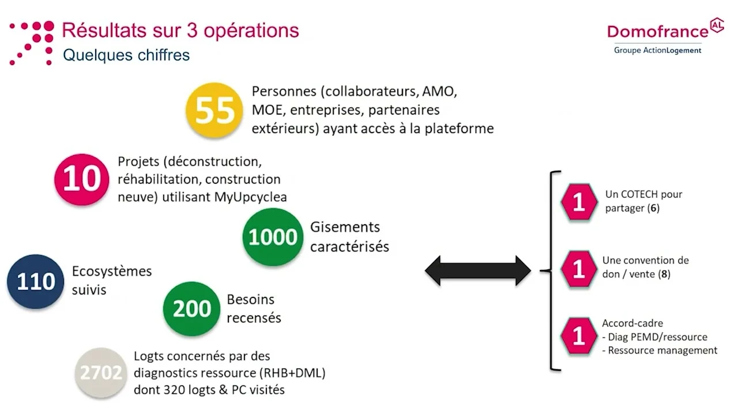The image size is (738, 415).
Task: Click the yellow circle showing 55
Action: pos(214,110)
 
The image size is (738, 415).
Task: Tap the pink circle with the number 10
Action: pos(82,179)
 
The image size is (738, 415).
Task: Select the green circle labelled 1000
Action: pos(273,237)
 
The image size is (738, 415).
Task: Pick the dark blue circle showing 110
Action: pos(36,282)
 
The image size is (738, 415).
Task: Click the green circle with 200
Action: pos(192,309)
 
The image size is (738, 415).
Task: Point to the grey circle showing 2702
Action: pos(101,373)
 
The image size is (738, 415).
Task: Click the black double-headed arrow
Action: pos(478,270)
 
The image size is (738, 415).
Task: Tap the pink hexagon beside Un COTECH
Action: pos(579,202)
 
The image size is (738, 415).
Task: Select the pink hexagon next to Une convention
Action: pos(579,269)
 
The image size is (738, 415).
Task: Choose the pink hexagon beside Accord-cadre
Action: pos(579,335)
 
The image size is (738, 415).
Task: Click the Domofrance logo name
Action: pos(658,31)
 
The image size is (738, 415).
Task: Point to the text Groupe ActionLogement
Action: pos(657,50)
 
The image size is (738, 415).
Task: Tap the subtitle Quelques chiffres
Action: pos(126,55)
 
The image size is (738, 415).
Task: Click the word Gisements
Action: pos(345,227)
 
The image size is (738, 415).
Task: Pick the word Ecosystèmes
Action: pos(112,271)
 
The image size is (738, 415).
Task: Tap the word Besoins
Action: pos(251,300)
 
